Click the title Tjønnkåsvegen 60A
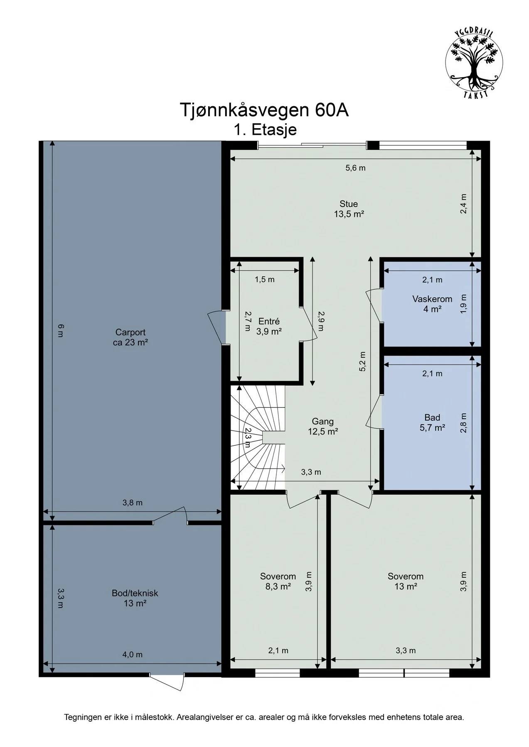coord(264,110)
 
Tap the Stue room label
coord(349,209)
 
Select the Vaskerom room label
coord(432,304)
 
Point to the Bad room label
coord(432,422)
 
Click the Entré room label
coord(269,326)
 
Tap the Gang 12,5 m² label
coord(322,426)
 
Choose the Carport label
coord(130,337)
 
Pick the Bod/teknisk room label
coord(135,598)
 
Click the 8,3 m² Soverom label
coord(278,581)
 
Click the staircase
coord(258,437)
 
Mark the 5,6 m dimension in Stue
coord(355,168)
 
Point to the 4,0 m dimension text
coord(132,654)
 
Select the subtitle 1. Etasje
coord(265,130)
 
